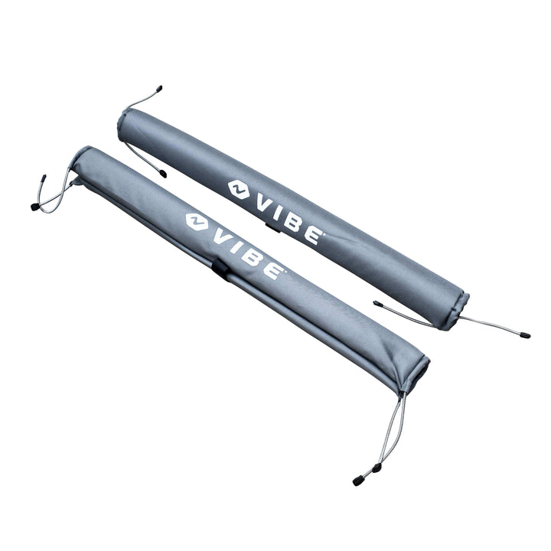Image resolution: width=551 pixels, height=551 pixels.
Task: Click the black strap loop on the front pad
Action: (x=220, y=267)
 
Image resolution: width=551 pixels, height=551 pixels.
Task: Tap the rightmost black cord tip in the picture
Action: (x=525, y=335)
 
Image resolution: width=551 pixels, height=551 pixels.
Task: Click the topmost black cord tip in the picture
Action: (x=158, y=89)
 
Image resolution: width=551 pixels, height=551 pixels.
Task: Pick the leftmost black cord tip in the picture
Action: (x=34, y=207)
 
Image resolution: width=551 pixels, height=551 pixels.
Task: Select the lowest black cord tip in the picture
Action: (x=357, y=481)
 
